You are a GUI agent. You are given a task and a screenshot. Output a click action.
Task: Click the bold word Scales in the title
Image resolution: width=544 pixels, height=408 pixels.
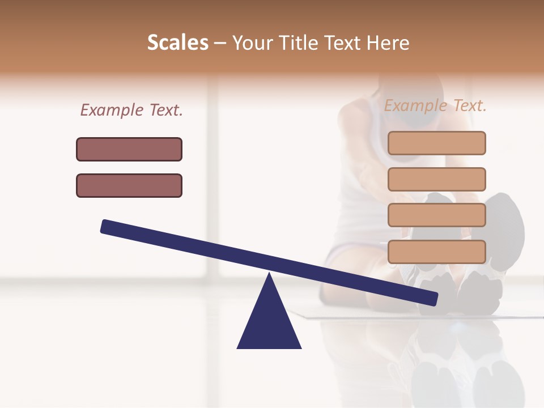(x=178, y=42)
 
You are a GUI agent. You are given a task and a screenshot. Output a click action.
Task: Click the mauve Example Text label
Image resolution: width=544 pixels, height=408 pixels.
(x=131, y=110)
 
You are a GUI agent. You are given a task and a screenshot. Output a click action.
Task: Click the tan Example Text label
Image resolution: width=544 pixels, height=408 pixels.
(x=435, y=105)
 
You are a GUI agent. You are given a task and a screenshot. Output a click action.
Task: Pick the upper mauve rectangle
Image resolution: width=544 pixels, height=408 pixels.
(x=129, y=149)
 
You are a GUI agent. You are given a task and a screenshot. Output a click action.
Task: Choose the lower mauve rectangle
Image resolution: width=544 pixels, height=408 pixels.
(x=129, y=185)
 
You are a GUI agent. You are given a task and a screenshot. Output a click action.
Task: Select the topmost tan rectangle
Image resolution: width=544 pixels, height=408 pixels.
(x=436, y=143)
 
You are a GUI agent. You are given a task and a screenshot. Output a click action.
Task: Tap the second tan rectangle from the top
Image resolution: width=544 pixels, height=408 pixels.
(x=436, y=179)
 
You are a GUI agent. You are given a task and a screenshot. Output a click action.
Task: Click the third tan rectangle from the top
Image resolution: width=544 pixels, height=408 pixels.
(x=436, y=215)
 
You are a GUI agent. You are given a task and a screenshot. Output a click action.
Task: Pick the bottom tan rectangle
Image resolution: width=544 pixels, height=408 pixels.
(x=436, y=252)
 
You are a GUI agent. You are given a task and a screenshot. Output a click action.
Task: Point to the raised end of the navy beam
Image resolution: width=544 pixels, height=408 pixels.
(x=105, y=227)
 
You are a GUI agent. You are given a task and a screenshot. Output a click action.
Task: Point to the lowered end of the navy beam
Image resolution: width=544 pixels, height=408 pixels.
(x=433, y=299)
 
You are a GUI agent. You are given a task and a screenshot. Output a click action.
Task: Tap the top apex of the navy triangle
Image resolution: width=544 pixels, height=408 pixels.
(x=269, y=275)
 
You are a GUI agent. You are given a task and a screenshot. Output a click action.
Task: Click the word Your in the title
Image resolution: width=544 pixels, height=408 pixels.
(x=252, y=43)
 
